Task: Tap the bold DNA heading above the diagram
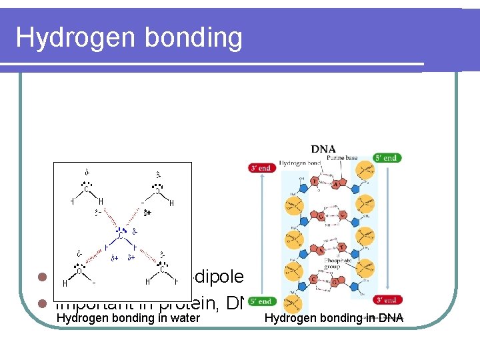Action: [x=323, y=149]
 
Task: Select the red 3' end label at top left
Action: [x=261, y=168]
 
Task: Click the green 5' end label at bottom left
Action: [x=261, y=301]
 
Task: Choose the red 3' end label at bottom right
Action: [x=386, y=300]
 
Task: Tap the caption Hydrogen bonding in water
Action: [x=128, y=318]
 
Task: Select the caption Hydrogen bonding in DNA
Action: [x=333, y=318]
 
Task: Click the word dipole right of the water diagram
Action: [x=217, y=276]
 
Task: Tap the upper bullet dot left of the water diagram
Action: [x=41, y=277]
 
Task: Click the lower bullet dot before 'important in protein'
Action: [x=41, y=303]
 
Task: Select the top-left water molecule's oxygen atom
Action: [x=87, y=189]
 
